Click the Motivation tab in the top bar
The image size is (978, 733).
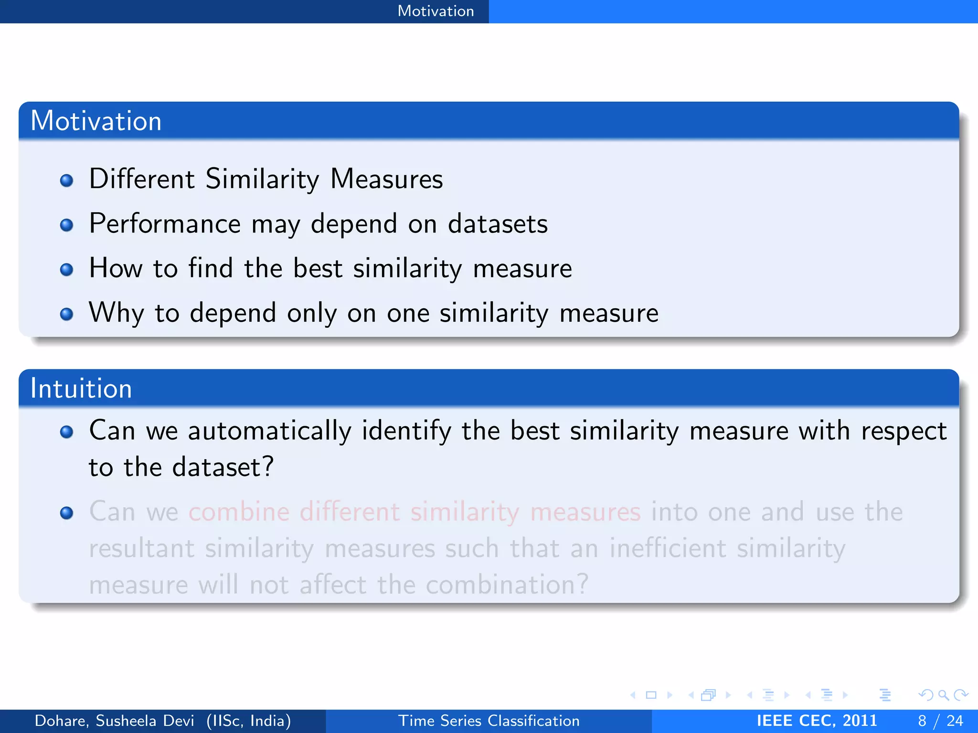tap(436, 11)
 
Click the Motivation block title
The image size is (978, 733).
tap(96, 121)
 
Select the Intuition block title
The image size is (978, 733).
tap(81, 388)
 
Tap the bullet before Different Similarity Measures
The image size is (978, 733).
tap(67, 180)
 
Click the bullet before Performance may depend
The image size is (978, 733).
tap(67, 225)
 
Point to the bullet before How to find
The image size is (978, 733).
tap(67, 270)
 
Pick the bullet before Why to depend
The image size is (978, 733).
tap(67, 314)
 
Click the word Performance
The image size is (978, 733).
tap(165, 223)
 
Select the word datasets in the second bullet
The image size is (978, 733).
tap(498, 223)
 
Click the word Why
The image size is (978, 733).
tap(116, 313)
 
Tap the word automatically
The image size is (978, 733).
tap(269, 431)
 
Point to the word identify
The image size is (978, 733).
tap(406, 431)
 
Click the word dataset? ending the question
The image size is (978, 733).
tap(223, 467)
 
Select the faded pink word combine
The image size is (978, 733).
tap(239, 512)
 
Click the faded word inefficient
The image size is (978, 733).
tap(668, 548)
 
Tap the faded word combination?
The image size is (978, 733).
tap(507, 585)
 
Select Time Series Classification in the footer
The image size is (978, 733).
tap(489, 721)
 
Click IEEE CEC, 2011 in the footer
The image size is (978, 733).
tap(817, 721)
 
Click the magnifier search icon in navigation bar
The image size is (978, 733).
tap(943, 695)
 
